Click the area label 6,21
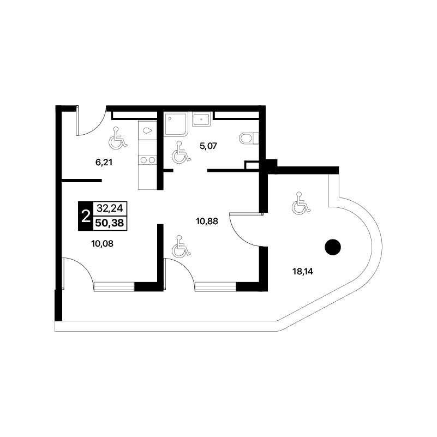[x=104, y=162]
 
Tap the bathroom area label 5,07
[x=208, y=146]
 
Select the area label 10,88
[x=207, y=222]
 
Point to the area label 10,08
[x=102, y=243]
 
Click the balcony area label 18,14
[x=303, y=271]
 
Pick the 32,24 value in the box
[x=110, y=208]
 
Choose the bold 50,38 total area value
[x=110, y=223]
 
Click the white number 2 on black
[x=86, y=216]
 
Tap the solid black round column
[x=333, y=247]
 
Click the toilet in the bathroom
[x=249, y=138]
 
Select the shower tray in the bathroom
[x=175, y=124]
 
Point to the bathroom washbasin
[x=202, y=119]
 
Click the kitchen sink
[x=147, y=130]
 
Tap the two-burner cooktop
[x=147, y=160]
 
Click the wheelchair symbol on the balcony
[x=301, y=203]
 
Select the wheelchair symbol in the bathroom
[x=181, y=152]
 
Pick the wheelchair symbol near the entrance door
[x=118, y=137]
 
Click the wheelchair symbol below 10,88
[x=181, y=246]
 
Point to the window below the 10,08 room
[x=114, y=287]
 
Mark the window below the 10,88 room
[x=215, y=287]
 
